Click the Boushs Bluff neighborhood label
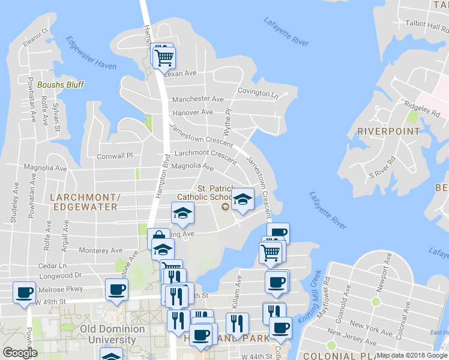point(61,85)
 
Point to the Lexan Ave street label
point(180,73)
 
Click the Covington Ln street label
point(258,92)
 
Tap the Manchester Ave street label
point(198,99)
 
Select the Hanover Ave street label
point(193,112)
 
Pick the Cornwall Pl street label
point(115,156)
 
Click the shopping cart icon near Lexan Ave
point(163,58)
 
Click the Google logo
point(20,353)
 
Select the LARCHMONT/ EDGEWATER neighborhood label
point(83,202)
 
